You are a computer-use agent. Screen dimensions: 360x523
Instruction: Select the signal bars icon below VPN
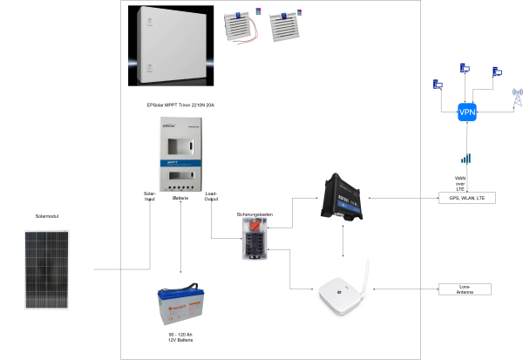pyautogui.click(x=465, y=159)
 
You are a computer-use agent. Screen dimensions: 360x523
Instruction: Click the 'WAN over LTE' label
pyautogui.click(x=462, y=181)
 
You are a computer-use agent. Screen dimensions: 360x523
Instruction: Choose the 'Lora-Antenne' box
pyautogui.click(x=464, y=289)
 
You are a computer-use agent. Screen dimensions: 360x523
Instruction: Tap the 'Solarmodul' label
pyautogui.click(x=46, y=214)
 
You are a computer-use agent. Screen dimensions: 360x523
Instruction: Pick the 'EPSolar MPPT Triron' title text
pyautogui.click(x=181, y=105)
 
